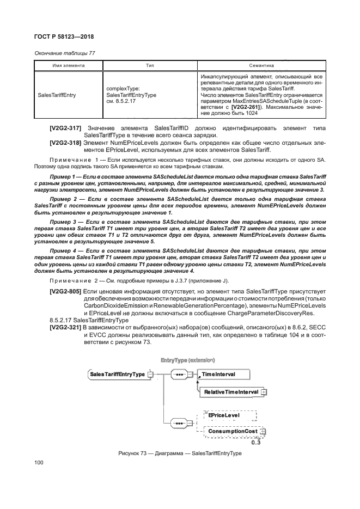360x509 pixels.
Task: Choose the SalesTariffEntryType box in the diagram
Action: [x=117, y=375]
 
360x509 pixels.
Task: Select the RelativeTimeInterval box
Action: [x=231, y=391]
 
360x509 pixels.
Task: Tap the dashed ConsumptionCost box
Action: [x=231, y=432]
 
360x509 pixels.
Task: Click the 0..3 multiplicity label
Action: [x=256, y=442]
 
